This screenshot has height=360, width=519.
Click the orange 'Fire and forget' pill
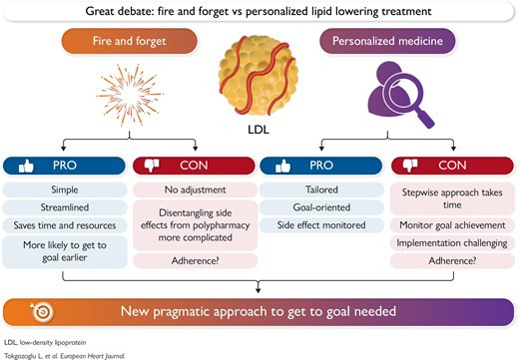pos(130,41)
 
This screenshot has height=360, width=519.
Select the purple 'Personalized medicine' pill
pos(387,41)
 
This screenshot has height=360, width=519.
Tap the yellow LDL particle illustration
pos(259,76)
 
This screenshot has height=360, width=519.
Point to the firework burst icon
pos(130,95)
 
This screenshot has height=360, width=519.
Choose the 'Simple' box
pos(65,189)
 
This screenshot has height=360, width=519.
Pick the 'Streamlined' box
pos(65,207)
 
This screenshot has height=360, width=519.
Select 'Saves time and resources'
pos(65,225)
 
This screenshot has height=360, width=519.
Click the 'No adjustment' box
pos(195,189)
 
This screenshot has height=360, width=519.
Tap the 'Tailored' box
pos(321,189)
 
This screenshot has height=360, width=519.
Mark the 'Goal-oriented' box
pos(321,207)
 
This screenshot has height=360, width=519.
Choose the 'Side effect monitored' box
pos(321,225)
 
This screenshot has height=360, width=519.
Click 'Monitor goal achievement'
pos(452,225)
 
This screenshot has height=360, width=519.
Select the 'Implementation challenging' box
pos(452,243)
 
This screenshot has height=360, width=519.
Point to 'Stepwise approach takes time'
pos(452,198)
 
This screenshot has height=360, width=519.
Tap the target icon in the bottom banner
pos(42,312)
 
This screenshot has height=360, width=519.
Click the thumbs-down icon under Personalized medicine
pos(410,166)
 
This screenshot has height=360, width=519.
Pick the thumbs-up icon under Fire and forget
pos(26,166)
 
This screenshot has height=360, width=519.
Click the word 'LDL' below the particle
pos(259,130)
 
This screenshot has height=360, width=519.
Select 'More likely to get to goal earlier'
pos(65,251)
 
